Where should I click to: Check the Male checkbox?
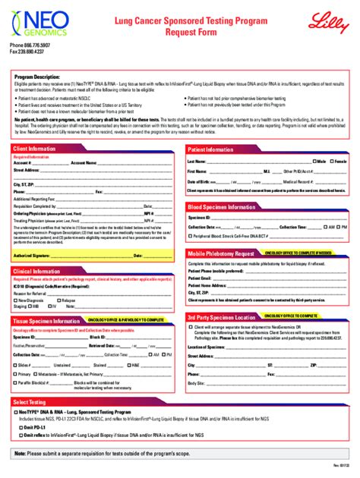pyautogui.click(x=313, y=162)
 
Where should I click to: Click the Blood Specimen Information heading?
pyautogui.click(x=223, y=206)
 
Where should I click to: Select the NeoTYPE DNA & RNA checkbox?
pyautogui.click(x=15, y=410)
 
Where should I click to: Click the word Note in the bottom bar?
pyautogui.click(x=21, y=453)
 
